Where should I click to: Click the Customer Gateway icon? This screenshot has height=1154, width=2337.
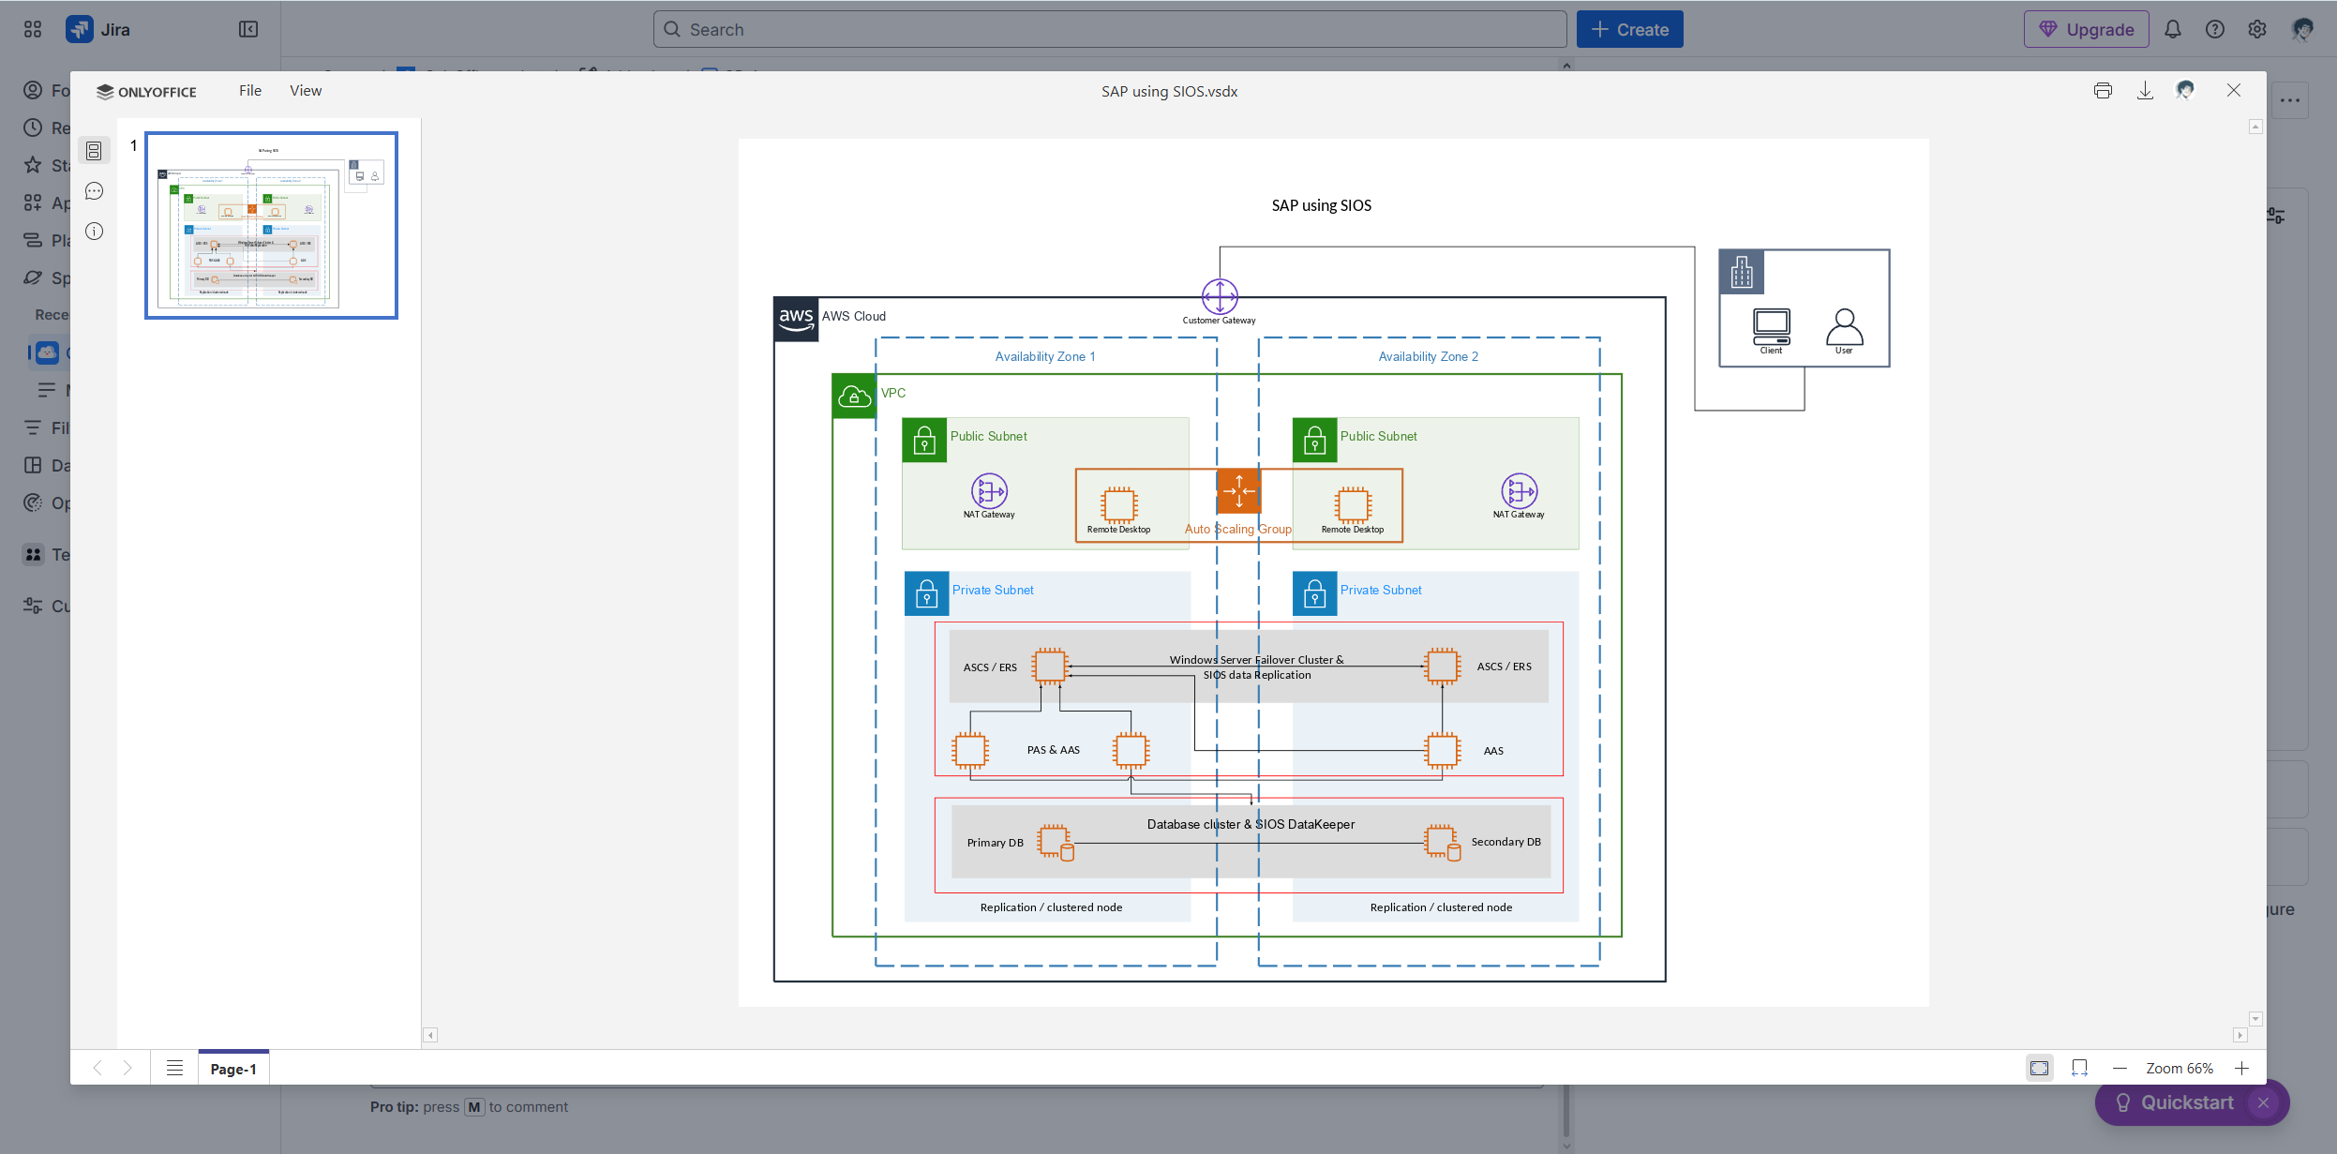click(x=1219, y=296)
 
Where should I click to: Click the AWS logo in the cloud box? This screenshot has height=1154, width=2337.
click(x=796, y=319)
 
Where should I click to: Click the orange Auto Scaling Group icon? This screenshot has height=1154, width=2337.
click(x=1238, y=490)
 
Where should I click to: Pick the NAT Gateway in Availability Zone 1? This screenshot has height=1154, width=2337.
click(x=989, y=490)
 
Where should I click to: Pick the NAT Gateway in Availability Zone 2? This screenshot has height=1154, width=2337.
click(x=1519, y=490)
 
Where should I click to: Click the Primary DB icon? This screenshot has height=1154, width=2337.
click(x=1055, y=842)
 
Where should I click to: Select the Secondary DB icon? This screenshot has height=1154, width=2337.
click(x=1442, y=842)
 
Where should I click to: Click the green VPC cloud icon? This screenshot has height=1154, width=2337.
click(x=854, y=397)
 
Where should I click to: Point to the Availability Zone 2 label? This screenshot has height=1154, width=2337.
click(x=1428, y=356)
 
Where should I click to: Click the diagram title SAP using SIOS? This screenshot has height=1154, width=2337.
click(x=1321, y=205)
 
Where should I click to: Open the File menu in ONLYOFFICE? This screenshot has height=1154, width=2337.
click(x=249, y=91)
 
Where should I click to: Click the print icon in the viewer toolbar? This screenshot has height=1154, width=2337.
click(x=2103, y=91)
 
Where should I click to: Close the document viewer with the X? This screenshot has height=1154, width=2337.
click(x=2234, y=91)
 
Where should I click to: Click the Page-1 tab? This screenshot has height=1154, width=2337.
click(x=233, y=1069)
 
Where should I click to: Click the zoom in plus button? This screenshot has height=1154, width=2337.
click(x=2241, y=1069)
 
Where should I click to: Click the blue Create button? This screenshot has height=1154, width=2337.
click(x=1629, y=29)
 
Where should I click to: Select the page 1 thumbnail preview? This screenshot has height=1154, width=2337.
click(x=271, y=225)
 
